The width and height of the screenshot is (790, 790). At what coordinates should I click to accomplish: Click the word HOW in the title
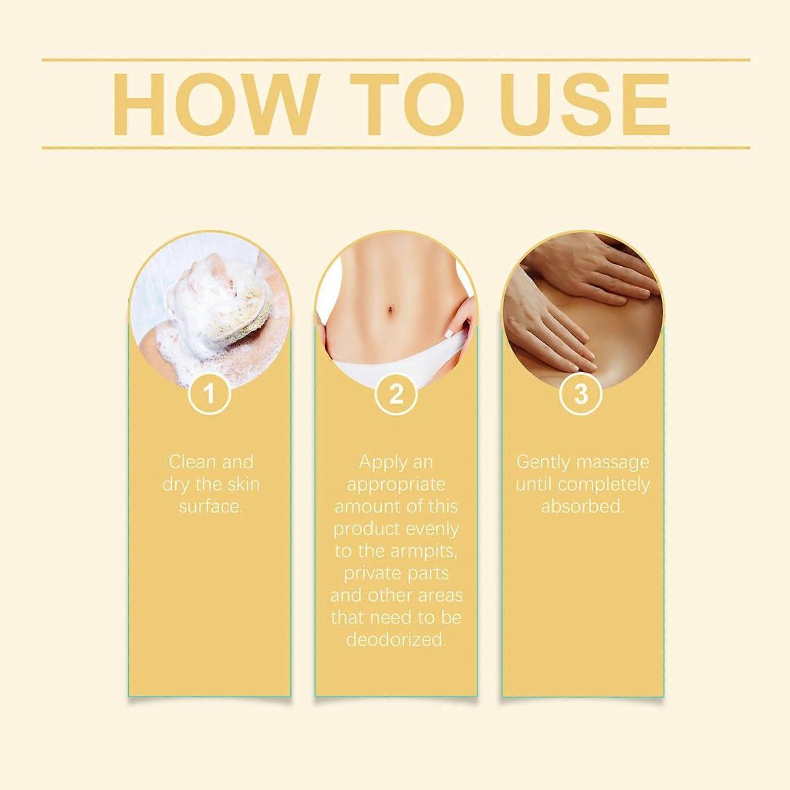(217, 104)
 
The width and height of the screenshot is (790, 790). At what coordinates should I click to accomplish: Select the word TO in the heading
(407, 104)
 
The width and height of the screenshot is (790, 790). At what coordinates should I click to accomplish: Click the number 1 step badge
(209, 393)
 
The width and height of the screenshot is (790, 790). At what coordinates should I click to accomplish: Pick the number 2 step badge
(396, 393)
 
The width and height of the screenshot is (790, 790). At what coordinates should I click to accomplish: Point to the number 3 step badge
(581, 393)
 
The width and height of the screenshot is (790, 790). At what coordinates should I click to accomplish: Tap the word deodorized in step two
(396, 639)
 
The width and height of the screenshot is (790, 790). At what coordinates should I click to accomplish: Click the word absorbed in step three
(582, 506)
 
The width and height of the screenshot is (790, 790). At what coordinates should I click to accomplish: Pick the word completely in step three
(604, 484)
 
